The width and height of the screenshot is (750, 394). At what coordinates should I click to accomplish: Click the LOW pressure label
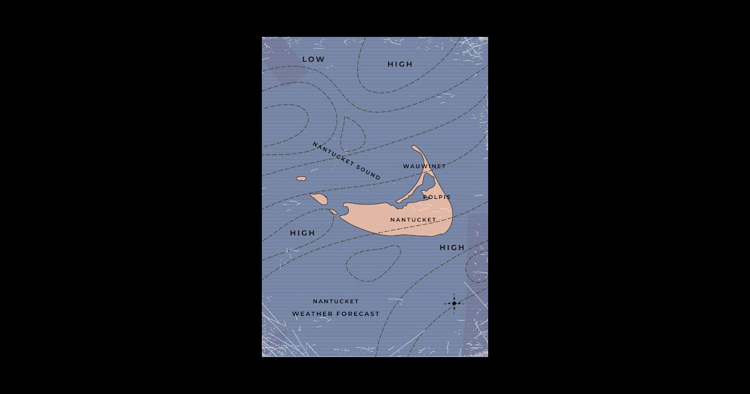313,59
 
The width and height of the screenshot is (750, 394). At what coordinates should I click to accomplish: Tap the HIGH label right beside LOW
400,64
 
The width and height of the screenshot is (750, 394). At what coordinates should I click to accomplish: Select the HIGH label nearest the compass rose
452,248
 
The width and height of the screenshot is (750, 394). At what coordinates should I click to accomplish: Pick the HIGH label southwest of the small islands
302,233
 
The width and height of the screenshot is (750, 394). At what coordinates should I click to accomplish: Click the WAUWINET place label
424,166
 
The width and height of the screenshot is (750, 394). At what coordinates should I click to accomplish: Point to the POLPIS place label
436,197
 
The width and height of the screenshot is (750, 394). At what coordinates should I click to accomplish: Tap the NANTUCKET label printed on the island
413,220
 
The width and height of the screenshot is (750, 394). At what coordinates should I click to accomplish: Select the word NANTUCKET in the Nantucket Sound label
333,153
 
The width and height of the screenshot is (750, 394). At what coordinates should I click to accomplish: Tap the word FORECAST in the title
359,314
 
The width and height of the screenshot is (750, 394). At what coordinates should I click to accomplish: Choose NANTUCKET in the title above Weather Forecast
336,301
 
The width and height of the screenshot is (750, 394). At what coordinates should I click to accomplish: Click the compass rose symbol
454,303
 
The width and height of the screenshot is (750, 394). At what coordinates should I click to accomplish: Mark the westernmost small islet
301,179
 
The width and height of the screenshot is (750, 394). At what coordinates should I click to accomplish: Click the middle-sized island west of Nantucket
319,198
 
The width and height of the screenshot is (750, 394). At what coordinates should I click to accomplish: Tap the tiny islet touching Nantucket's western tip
334,212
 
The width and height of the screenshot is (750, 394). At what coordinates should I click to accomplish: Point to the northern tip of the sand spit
414,148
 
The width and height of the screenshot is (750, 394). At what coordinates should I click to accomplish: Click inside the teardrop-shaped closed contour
352,134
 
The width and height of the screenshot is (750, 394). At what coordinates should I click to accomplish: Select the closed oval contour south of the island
373,263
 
